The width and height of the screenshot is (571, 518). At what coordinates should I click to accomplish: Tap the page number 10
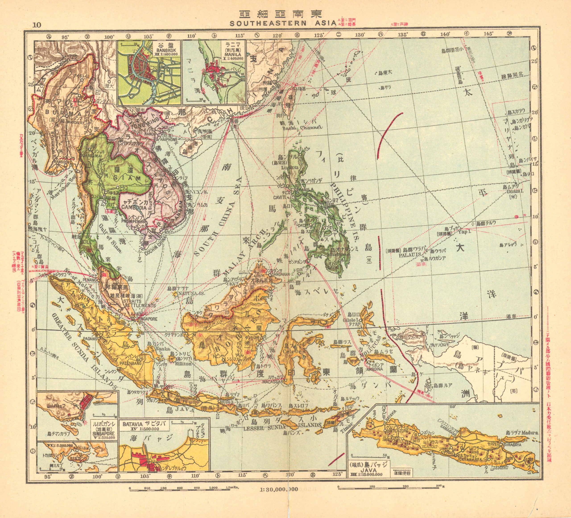(x=37, y=25)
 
